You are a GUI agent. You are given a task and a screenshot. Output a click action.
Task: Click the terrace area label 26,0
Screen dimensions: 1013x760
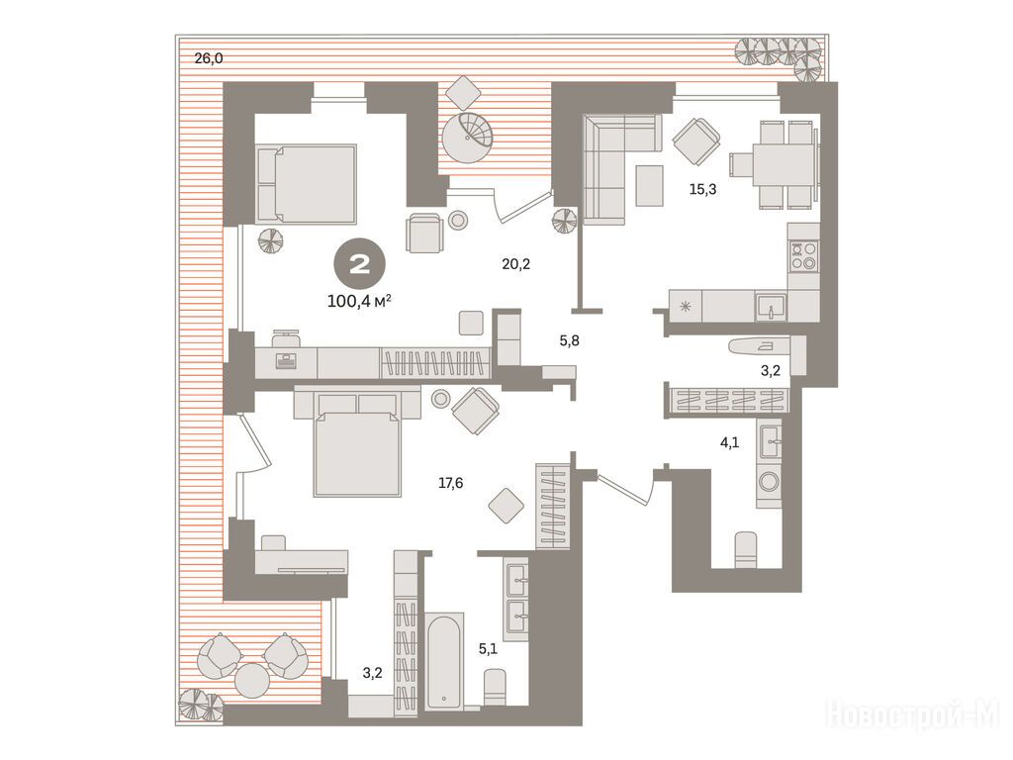pos(209,58)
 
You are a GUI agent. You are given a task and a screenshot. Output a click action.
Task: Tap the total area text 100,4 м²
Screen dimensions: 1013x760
pos(359,301)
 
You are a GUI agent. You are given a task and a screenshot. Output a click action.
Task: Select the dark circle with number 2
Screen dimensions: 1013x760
pos(359,263)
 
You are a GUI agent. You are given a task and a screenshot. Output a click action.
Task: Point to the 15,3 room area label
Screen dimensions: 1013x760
pos(703,189)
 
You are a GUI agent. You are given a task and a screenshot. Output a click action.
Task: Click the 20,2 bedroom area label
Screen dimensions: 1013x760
pos(515,263)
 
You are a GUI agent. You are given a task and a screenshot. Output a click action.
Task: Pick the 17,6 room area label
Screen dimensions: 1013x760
pos(450,483)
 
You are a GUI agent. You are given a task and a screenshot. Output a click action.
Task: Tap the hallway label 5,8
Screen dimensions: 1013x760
pos(569,340)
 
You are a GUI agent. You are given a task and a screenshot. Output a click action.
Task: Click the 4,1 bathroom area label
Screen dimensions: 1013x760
pos(729,442)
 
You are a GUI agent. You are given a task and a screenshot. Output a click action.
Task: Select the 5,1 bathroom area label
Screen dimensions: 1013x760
pos(488,648)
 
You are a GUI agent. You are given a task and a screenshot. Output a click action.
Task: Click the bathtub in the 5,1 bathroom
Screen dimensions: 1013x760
pos(444,661)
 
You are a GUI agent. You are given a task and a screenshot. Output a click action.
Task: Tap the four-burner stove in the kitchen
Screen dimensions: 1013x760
pos(803,255)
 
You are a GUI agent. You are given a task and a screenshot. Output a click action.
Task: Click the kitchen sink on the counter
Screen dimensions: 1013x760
pos(771,307)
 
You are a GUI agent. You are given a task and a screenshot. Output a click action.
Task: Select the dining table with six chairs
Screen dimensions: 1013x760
pos(776,164)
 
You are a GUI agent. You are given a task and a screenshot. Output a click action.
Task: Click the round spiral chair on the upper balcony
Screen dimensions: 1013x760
pos(467,138)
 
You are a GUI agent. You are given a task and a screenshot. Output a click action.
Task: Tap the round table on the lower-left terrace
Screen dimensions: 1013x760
pos(251,680)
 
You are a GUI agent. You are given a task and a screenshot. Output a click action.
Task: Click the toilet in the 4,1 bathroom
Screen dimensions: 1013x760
pos(746,550)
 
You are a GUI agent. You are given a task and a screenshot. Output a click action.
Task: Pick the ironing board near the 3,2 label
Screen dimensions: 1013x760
pos(759,345)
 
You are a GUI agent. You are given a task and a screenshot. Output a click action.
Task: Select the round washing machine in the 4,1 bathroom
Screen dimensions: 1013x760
pos(770,482)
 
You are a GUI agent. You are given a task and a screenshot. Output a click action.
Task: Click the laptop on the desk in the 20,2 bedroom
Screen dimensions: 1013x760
pos(285,360)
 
